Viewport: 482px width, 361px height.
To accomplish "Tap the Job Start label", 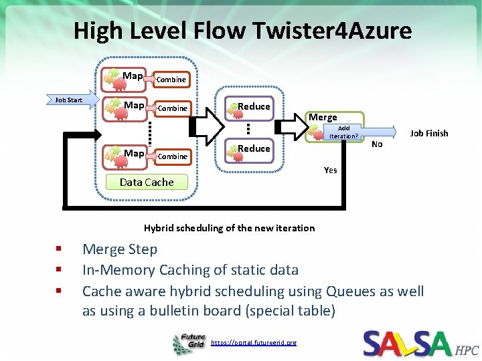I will click(68, 100).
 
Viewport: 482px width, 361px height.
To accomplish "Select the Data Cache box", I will click(146, 182).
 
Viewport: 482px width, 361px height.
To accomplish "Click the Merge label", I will click(323, 117).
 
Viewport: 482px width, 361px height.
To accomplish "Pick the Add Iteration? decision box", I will click(343, 132).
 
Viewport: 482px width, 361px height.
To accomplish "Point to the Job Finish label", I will click(428, 133).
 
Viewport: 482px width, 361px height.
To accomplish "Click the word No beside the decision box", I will click(377, 144).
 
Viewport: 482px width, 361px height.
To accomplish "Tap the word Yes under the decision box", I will click(330, 170).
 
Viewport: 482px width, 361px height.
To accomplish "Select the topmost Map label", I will click(133, 76).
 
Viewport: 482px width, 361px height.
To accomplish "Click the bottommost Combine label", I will click(171, 156).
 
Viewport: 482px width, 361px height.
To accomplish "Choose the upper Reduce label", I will click(254, 106).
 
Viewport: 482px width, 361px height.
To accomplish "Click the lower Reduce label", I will click(254, 148).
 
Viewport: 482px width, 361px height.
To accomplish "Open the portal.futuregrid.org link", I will click(253, 343).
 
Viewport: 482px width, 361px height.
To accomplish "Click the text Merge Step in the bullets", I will click(120, 249).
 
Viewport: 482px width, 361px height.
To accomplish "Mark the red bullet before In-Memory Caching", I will click(59, 270).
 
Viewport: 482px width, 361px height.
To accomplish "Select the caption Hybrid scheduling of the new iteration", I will click(229, 228).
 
